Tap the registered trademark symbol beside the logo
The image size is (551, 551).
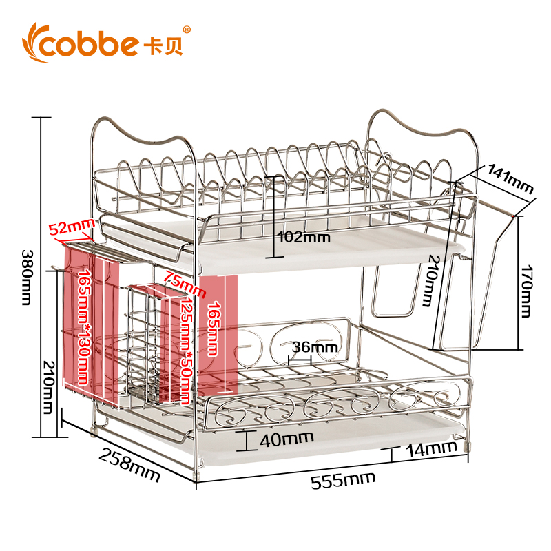187,30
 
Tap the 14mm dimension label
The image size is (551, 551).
430,448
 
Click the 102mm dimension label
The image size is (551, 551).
304,237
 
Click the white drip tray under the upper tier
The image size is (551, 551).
344,245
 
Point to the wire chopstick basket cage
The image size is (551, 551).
145,344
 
